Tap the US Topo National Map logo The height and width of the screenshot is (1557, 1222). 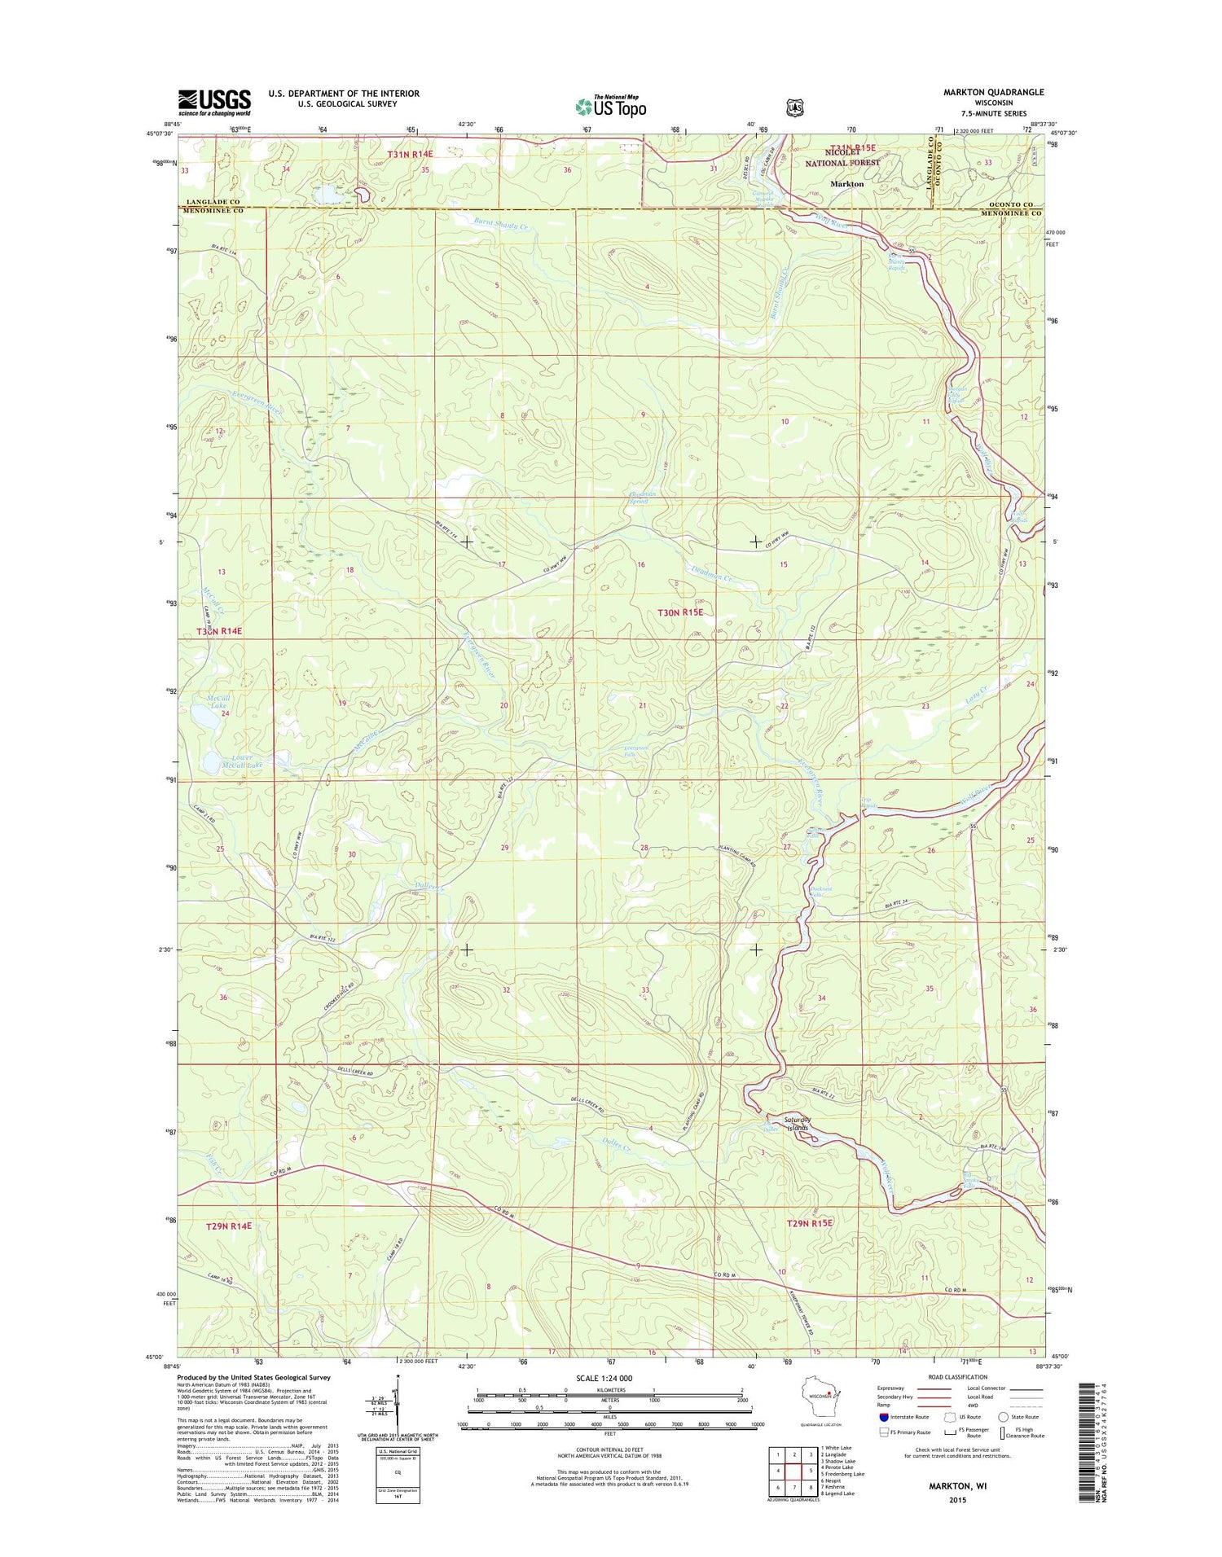tap(611, 106)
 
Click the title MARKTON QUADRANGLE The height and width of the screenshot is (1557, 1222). tap(993, 92)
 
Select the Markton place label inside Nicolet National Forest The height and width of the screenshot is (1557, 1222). tap(846, 184)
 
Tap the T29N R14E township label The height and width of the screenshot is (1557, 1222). tap(228, 1226)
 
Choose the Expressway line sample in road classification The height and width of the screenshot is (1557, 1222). tap(937, 1388)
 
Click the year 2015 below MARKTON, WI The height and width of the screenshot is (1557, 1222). tap(957, 1500)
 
